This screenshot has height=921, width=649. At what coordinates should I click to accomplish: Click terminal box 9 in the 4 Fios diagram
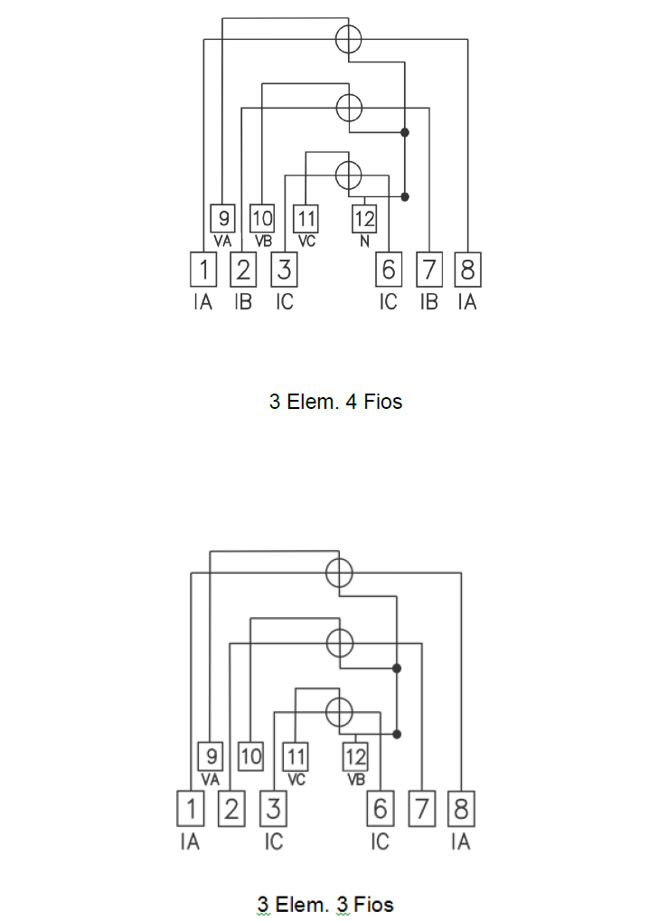coord(223,219)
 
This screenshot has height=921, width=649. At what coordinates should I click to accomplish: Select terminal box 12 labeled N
coord(364,219)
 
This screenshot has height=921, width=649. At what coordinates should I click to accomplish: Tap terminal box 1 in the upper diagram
coord(203,270)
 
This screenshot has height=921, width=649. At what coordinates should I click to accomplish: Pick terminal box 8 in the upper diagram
coord(467,270)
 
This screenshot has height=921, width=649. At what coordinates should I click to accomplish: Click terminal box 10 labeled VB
coord(262,219)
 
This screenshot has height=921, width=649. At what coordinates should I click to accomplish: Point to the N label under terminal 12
coord(364,241)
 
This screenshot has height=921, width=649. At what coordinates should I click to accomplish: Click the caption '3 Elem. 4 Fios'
coord(335,402)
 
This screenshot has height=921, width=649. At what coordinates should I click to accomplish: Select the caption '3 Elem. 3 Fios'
coord(325,905)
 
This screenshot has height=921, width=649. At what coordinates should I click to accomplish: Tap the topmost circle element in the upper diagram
coord(349,39)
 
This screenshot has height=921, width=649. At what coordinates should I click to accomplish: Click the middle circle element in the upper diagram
coord(349,108)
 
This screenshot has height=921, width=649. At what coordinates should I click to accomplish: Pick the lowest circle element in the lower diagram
coord(339,712)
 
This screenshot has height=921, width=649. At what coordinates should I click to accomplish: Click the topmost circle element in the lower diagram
coord(339,573)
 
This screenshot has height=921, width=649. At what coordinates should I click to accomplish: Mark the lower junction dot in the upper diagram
coord(404,196)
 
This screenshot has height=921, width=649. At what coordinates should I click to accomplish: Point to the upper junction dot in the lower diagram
coord(397,669)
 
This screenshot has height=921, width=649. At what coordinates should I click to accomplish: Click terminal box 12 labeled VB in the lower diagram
coord(355,756)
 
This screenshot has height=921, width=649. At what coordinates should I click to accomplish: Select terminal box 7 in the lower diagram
coord(422,809)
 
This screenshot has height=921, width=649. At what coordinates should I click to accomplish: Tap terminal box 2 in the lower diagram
coord(231,809)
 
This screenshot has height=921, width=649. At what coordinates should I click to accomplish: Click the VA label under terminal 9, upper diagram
coord(223,241)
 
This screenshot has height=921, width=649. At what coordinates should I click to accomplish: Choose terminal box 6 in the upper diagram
coord(389,270)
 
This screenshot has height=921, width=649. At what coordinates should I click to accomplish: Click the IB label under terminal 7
coord(429,302)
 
